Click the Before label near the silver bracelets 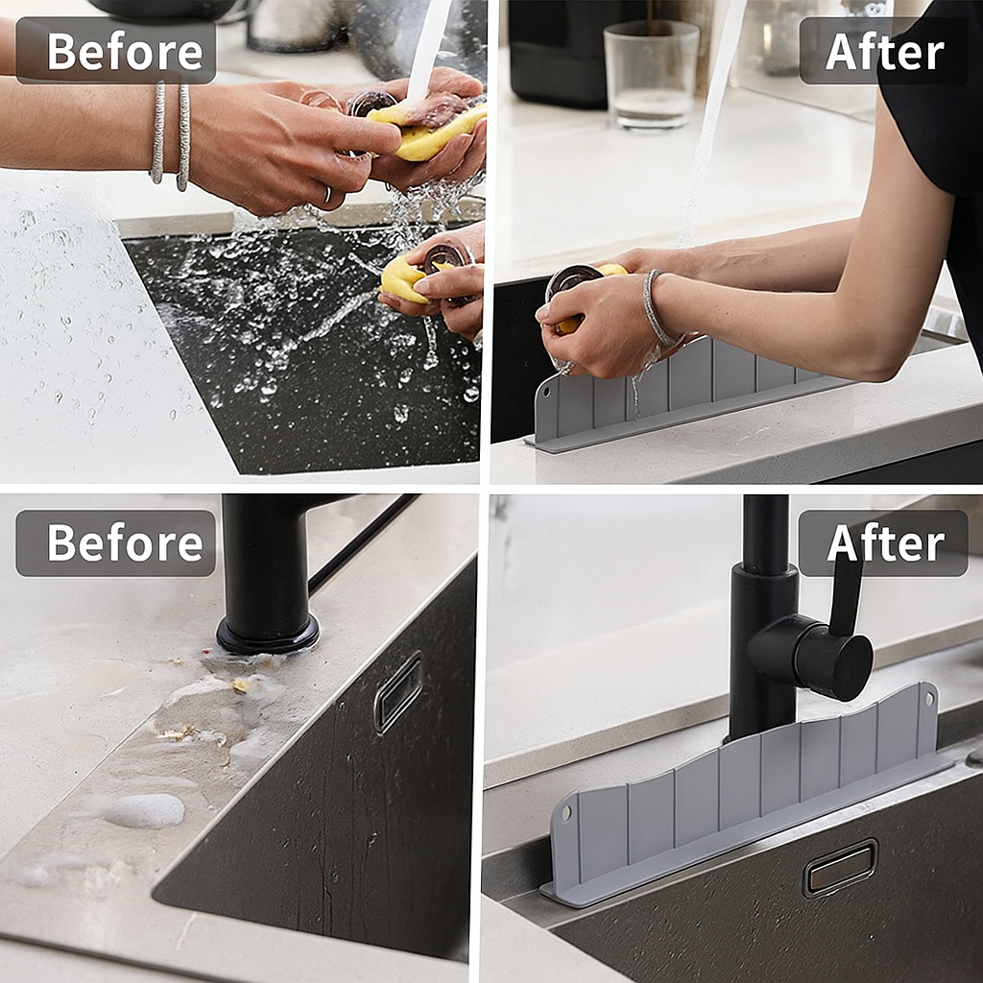click(x=115, y=51)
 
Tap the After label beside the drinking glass click(x=883, y=51)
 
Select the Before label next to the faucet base click(x=115, y=543)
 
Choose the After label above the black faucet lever click(x=883, y=543)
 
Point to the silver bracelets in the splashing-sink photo click(x=171, y=134)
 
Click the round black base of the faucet click(x=267, y=634)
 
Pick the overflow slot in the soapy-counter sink click(x=398, y=691)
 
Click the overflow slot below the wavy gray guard click(x=841, y=868)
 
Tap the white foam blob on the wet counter click(x=144, y=811)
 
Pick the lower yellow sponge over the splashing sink click(x=403, y=279)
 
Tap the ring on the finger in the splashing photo click(x=328, y=195)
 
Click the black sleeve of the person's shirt click(x=936, y=96)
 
